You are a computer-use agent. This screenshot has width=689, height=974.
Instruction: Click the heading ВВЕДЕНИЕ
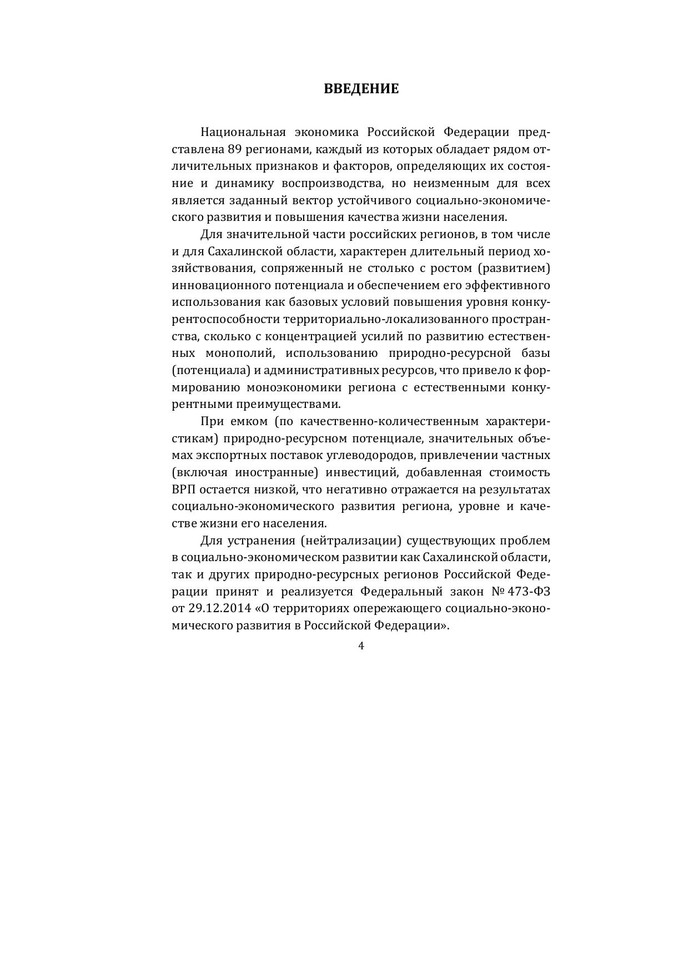click(361, 89)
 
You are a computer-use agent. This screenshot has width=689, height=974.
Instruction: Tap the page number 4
click(361, 645)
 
